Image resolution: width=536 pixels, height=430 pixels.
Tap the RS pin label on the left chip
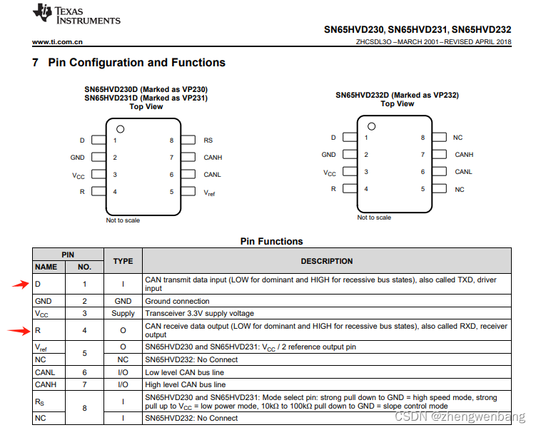208,140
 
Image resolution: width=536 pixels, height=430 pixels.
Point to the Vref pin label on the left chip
209,193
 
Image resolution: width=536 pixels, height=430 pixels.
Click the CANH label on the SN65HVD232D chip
464,155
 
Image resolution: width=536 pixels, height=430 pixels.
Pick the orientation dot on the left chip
121,129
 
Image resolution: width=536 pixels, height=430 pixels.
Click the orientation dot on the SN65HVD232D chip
371,126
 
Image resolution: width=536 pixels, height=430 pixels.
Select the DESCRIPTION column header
326,261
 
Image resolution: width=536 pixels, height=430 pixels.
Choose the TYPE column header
123,261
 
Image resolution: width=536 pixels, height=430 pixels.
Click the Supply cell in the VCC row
123,313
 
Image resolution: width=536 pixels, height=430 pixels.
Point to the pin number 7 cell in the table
85,384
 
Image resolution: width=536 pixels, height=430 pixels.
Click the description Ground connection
177,301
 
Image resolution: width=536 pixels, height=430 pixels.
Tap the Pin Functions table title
271,241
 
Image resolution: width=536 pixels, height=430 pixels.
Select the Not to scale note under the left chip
123,220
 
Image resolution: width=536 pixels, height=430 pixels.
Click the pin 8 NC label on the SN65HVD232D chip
458,137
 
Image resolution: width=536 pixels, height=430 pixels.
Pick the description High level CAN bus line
186,384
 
